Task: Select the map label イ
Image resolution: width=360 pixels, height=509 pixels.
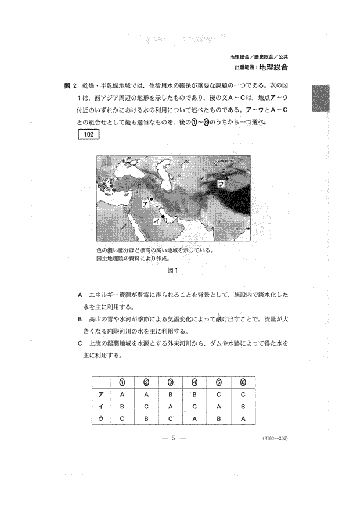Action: (156, 221)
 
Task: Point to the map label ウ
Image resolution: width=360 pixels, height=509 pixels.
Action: (220, 183)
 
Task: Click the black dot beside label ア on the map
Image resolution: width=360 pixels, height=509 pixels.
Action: (150, 199)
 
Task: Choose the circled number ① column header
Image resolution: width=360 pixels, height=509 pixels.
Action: (123, 382)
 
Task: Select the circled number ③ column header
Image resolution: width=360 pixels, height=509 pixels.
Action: (171, 382)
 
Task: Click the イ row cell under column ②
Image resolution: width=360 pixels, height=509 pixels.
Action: (146, 406)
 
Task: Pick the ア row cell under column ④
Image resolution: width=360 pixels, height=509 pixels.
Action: (195, 394)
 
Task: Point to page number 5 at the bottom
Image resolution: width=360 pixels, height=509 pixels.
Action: (174, 438)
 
